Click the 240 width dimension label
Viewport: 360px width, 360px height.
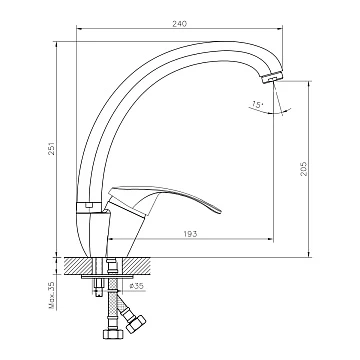point(179,24)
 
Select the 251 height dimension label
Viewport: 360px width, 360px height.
point(52,148)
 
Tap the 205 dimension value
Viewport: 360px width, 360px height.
point(303,169)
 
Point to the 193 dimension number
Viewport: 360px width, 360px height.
point(190,234)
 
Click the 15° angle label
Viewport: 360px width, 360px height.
point(257,104)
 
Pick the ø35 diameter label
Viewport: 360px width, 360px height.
point(136,286)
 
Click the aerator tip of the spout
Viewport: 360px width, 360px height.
point(272,77)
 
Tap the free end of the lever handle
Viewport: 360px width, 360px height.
point(218,211)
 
